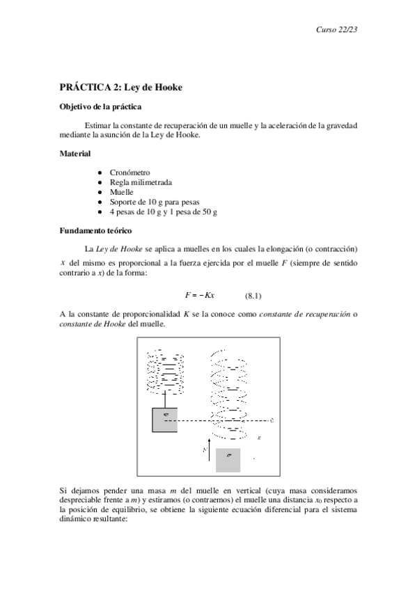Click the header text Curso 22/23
(337, 29)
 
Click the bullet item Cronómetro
(129, 172)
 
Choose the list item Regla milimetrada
(141, 182)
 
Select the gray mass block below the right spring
(228, 461)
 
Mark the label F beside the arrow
(204, 450)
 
